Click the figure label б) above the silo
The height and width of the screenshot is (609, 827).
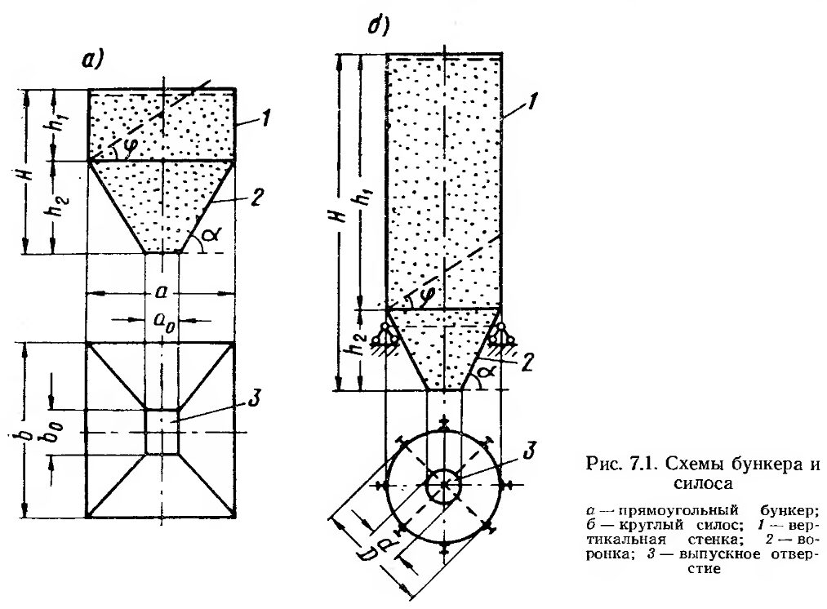[x=378, y=25]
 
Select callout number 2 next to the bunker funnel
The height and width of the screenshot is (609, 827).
[x=256, y=198]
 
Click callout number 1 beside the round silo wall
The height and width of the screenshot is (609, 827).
[x=532, y=100]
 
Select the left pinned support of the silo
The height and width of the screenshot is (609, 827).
[x=385, y=336]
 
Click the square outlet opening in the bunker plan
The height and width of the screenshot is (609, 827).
[x=162, y=431]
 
